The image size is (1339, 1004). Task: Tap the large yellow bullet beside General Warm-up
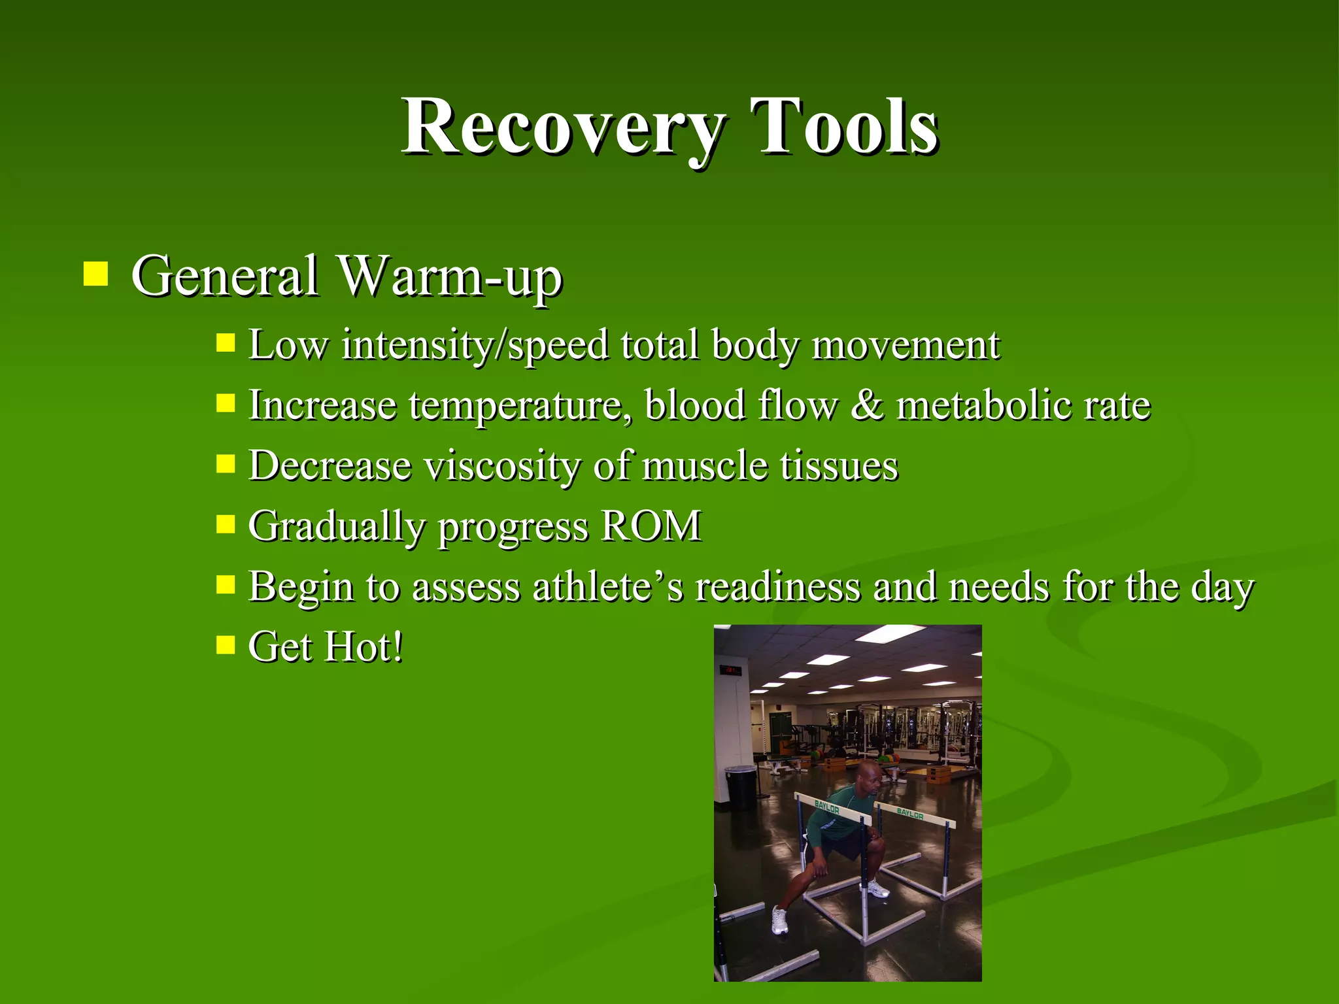tap(95, 275)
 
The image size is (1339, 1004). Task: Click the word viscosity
tap(502, 466)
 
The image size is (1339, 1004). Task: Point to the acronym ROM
tap(651, 526)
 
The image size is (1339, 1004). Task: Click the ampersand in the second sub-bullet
tap(866, 405)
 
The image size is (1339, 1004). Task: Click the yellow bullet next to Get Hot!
tap(226, 645)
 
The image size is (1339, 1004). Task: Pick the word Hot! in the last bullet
tap(364, 646)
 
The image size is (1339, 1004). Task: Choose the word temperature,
tap(520, 406)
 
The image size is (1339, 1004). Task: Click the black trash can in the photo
tap(741, 788)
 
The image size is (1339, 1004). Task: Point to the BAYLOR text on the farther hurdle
tap(909, 814)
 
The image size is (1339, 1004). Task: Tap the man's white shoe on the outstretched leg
tap(779, 920)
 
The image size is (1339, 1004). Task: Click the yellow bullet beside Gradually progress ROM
tap(226, 524)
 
